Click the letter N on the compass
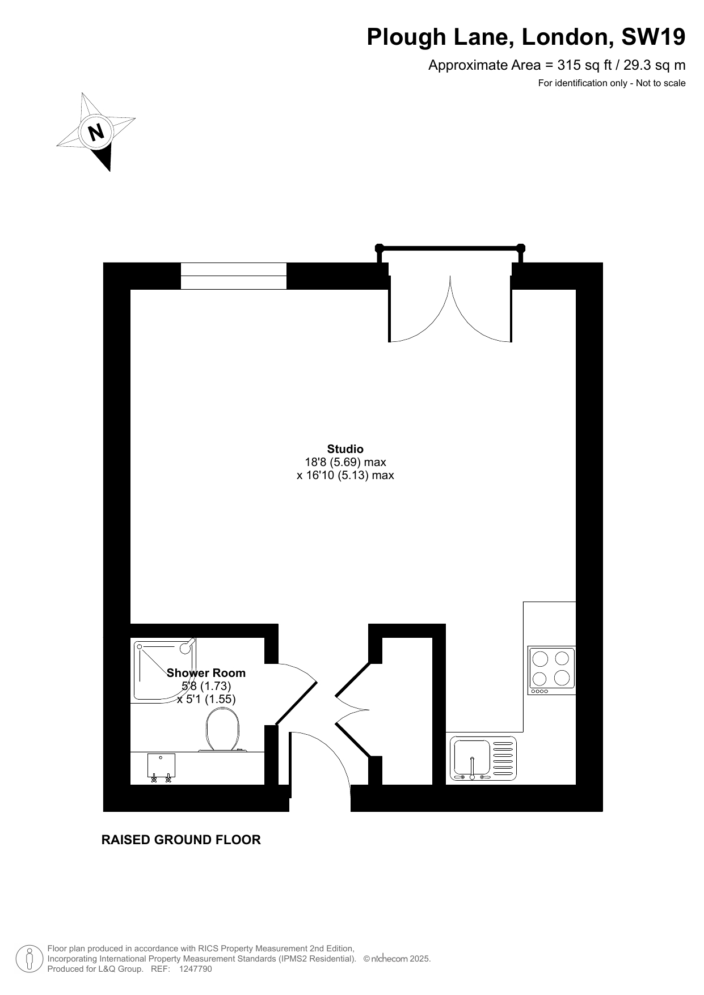coord(96,132)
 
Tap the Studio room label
coord(345,449)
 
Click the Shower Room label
coord(206,673)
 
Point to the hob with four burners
coord(551,670)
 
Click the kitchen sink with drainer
coord(483,758)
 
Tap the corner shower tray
coord(165,669)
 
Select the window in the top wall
coord(234,276)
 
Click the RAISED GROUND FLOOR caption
coord(181,840)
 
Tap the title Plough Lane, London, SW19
coord(526,37)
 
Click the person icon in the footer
coord(29,959)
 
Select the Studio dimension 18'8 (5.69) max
coord(345,462)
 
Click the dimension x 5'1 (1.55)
coord(206,699)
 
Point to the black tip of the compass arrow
coord(109,171)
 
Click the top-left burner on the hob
coord(541,659)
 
